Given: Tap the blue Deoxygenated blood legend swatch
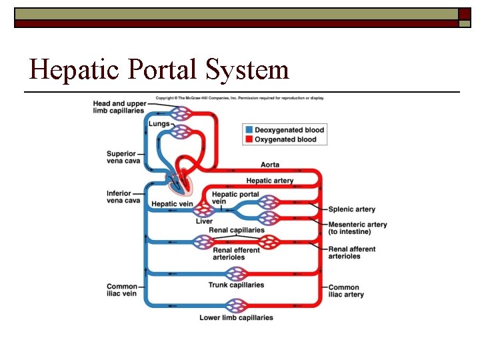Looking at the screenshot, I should [249, 130].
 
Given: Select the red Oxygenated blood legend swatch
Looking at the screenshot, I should [249, 139].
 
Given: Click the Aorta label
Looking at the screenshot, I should [270, 165].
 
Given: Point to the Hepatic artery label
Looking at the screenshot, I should [269, 181].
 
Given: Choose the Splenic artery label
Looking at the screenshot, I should [351, 210].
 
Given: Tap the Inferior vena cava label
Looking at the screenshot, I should [123, 197].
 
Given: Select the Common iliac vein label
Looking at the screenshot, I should [122, 291].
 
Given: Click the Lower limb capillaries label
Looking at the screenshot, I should [236, 318].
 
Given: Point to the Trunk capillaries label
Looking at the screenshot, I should [236, 285].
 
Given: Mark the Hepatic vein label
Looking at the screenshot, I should [172, 204].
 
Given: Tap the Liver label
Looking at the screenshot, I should [204, 221].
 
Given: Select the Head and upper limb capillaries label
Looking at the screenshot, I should [120, 107].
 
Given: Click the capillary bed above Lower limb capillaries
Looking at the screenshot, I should [235, 306].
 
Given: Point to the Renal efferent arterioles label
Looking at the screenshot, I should [237, 254].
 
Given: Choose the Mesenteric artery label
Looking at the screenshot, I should [357, 228].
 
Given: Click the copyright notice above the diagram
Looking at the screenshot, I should [240, 98].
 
